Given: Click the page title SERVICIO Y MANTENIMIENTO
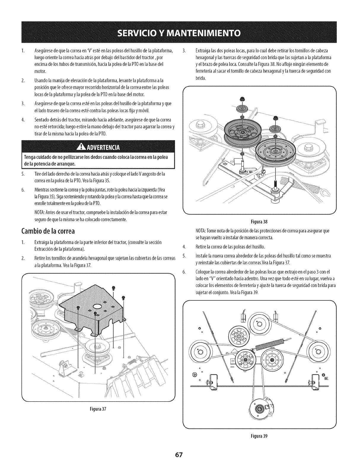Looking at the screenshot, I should tap(181, 32).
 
